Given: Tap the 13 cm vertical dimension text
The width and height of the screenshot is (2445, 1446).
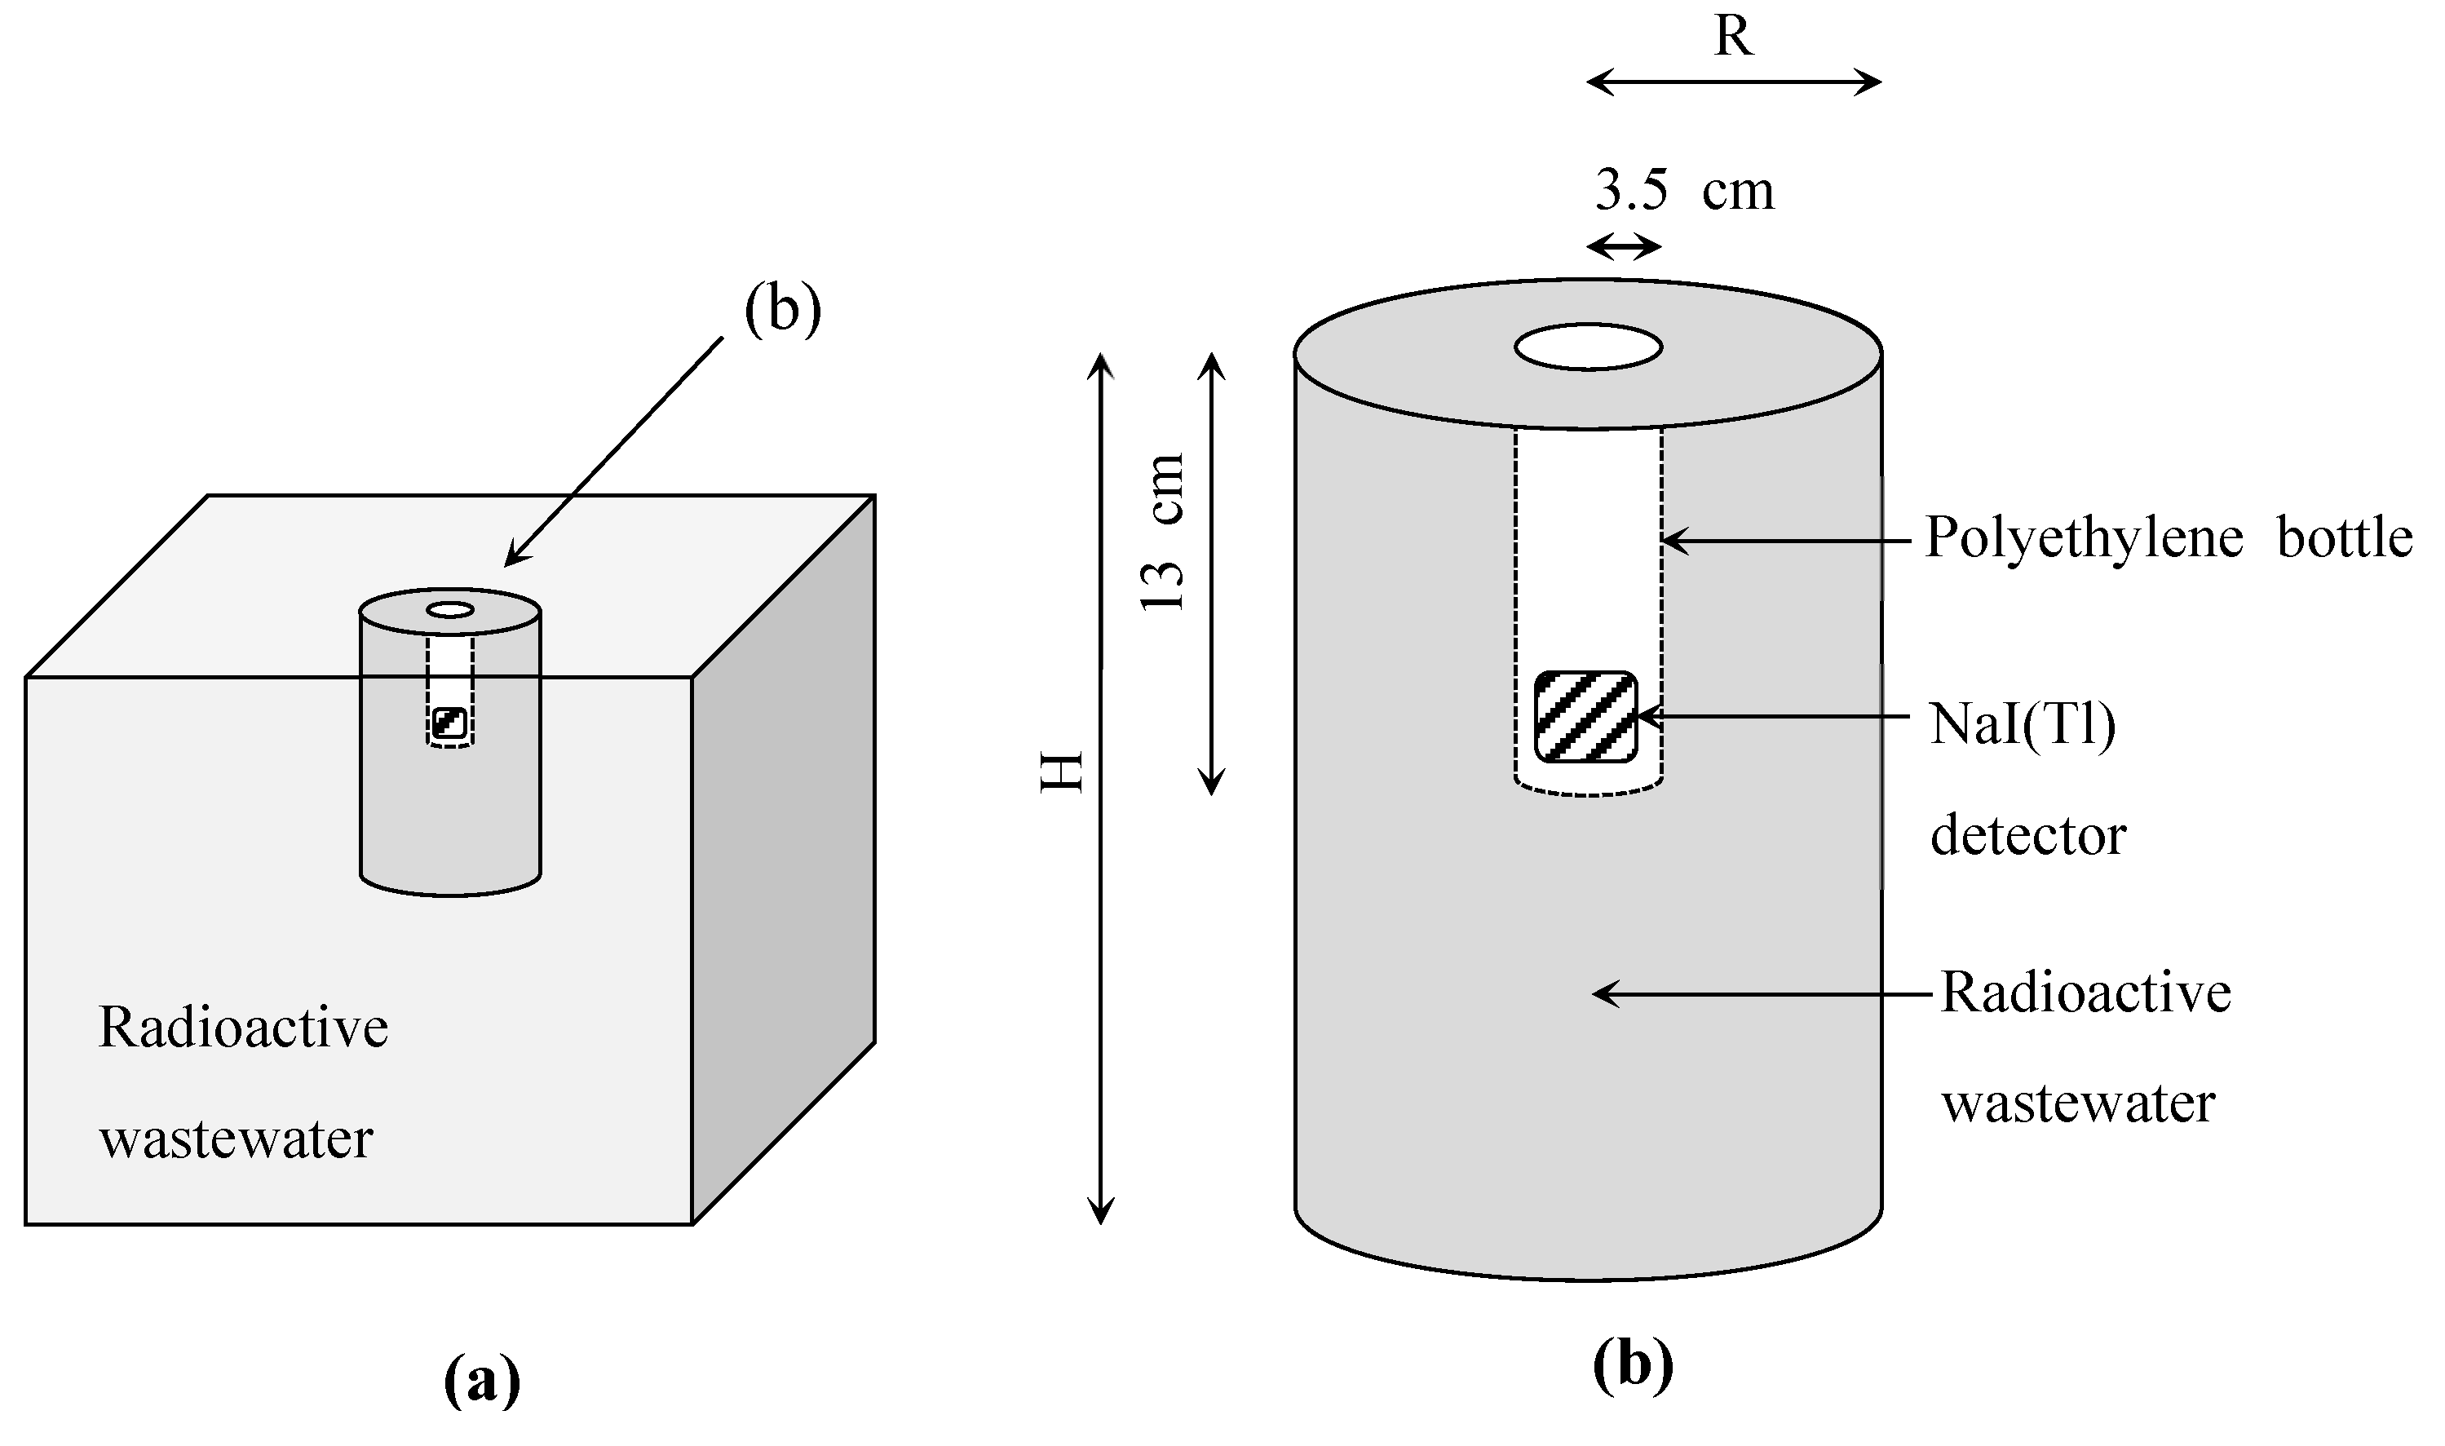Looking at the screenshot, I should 1163,532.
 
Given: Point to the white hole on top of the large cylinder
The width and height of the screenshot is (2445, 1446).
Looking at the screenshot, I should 1588,347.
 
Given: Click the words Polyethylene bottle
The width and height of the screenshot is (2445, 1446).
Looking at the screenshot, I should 2169,537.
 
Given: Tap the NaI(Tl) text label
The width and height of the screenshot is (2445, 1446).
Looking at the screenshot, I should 2023,725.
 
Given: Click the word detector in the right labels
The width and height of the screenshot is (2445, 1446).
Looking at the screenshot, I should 2028,836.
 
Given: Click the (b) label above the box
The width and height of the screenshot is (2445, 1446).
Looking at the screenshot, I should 782,310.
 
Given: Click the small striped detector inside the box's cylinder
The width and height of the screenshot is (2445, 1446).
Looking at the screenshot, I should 450,723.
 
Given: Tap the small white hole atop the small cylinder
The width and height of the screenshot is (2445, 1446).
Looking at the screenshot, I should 450,610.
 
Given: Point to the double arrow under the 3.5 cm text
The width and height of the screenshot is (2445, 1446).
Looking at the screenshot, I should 1624,246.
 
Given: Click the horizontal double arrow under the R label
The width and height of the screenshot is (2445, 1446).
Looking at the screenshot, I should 1733,83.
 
